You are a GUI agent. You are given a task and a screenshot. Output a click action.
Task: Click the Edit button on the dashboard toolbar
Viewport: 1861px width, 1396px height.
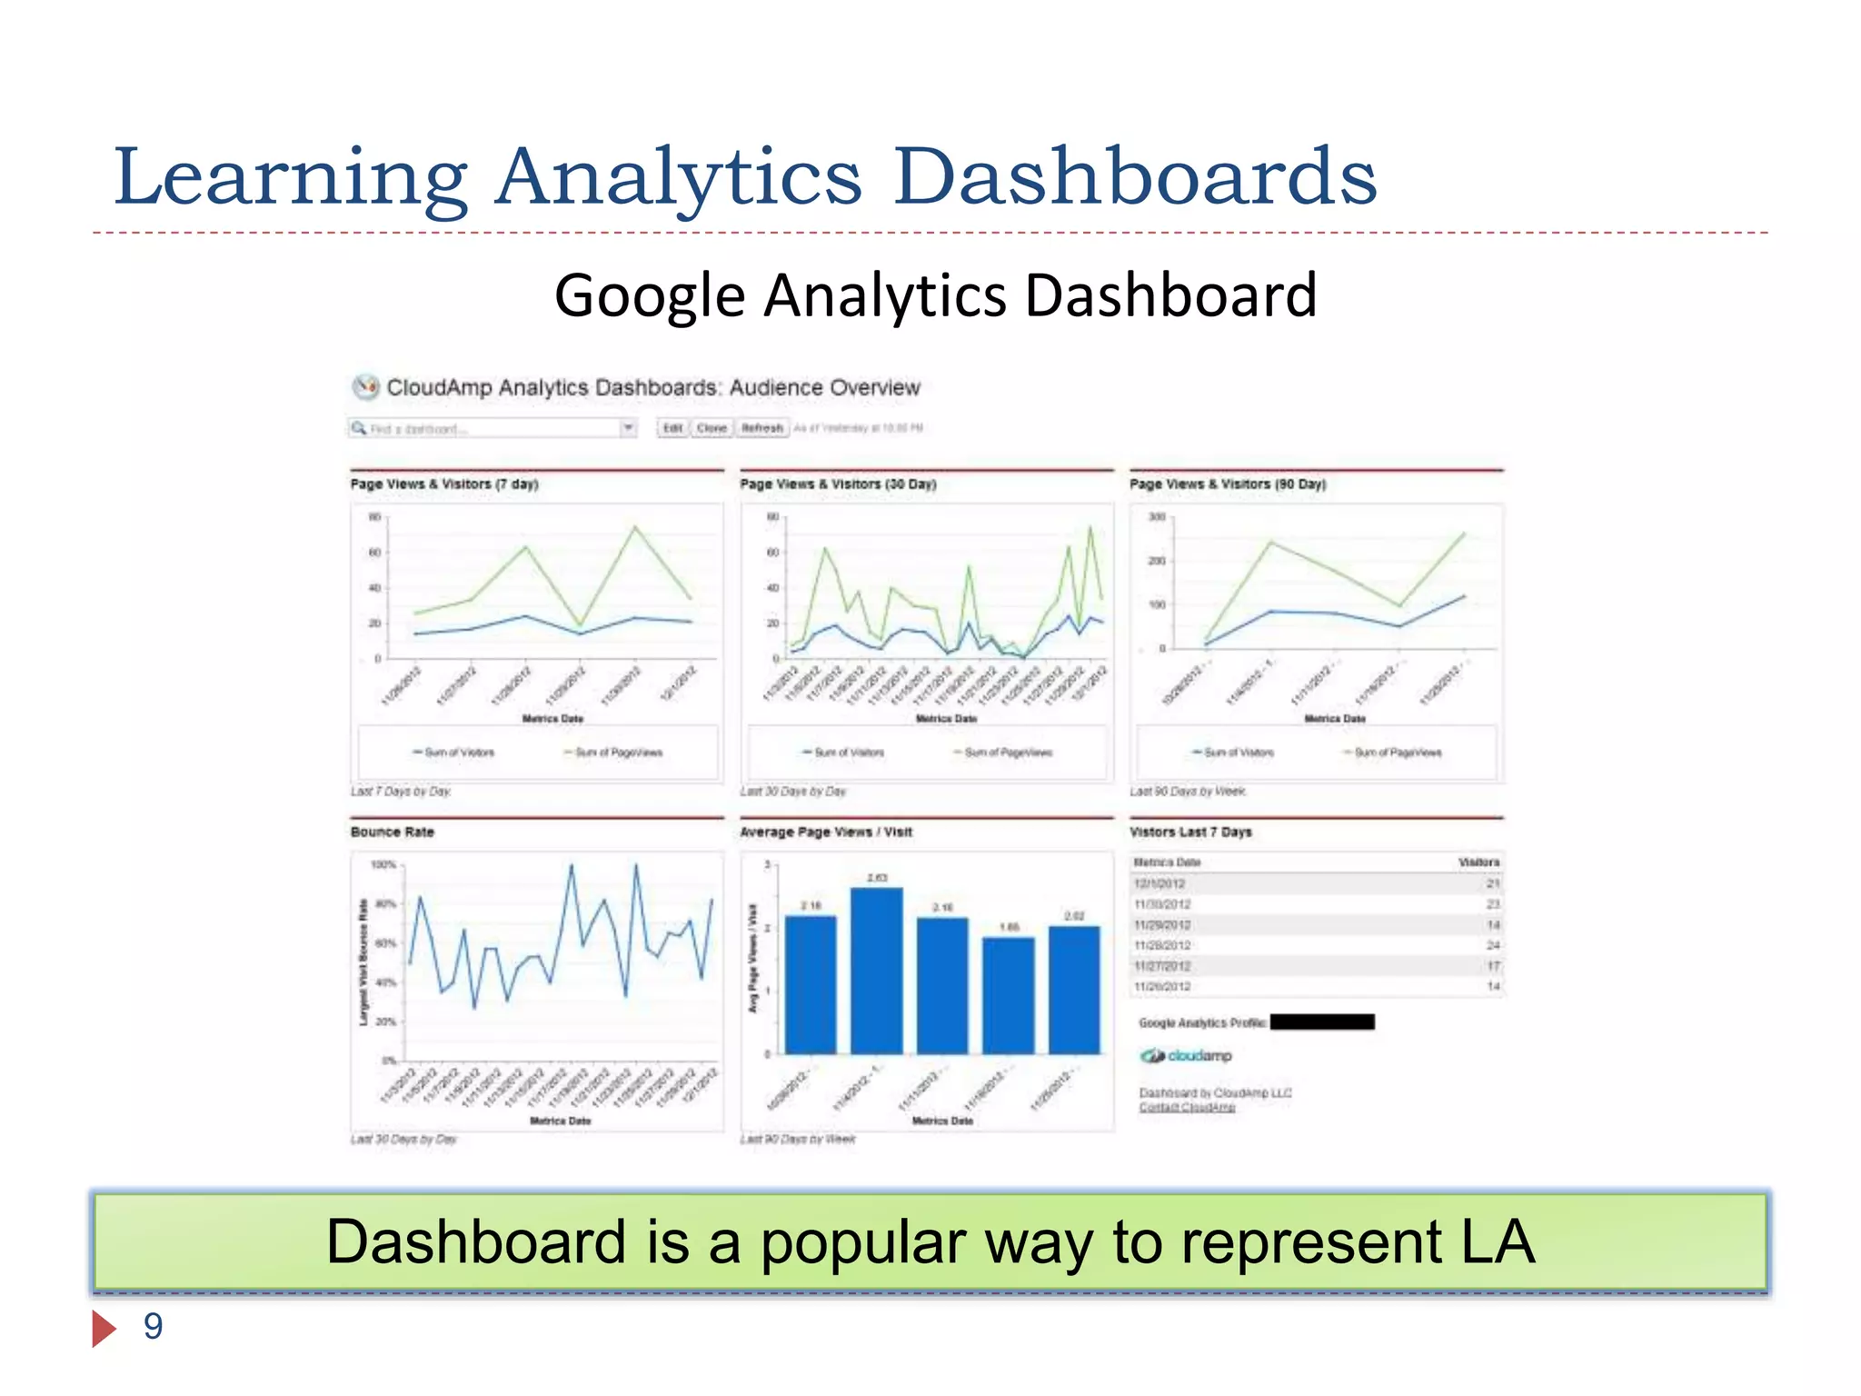click(x=672, y=428)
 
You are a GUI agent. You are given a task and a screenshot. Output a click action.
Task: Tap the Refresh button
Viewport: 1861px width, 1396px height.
click(x=761, y=428)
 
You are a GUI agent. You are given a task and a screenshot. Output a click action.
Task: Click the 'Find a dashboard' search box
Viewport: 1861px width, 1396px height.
click(x=491, y=428)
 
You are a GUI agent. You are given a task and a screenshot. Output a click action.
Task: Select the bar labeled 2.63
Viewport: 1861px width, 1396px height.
click(x=877, y=971)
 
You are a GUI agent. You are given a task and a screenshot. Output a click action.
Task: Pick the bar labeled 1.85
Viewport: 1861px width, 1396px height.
click(x=1009, y=995)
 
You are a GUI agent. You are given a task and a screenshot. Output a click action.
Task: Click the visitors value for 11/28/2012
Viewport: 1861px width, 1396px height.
click(x=1493, y=945)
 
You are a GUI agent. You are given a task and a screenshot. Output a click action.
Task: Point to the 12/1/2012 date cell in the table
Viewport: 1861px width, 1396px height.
click(x=1159, y=883)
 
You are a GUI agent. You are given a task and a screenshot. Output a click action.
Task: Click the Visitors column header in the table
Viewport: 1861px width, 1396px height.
click(x=1478, y=862)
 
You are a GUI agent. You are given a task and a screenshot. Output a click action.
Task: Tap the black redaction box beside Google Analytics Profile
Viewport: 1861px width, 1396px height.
click(x=1322, y=1022)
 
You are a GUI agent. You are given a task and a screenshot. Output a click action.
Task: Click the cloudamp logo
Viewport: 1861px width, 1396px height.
click(x=1187, y=1056)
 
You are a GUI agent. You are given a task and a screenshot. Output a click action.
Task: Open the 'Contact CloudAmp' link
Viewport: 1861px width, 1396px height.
click(x=1187, y=1107)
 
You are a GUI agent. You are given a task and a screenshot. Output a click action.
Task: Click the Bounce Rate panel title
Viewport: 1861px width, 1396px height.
click(x=393, y=832)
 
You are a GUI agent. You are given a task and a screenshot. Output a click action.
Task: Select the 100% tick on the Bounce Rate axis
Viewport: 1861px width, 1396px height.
click(x=383, y=864)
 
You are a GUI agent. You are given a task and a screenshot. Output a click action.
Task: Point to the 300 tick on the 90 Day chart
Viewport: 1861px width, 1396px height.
click(x=1156, y=517)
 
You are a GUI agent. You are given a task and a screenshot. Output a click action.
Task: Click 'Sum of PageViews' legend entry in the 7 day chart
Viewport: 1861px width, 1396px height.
click(x=618, y=753)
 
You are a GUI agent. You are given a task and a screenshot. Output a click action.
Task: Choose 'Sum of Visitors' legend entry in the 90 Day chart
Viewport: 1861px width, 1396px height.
click(x=1238, y=753)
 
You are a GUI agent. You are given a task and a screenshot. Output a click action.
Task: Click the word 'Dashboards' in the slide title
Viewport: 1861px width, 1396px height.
click(x=1135, y=176)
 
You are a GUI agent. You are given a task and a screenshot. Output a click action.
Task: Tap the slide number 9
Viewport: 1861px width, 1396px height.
click(x=154, y=1327)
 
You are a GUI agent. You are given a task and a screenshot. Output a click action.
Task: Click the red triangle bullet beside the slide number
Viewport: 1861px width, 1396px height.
click(x=104, y=1329)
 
